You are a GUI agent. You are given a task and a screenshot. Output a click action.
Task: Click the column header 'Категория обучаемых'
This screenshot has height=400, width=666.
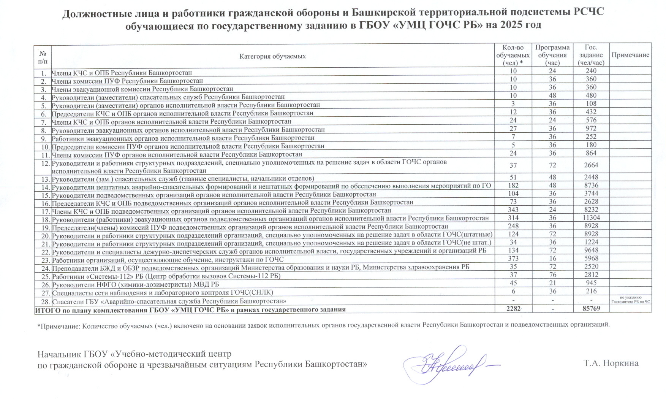272,56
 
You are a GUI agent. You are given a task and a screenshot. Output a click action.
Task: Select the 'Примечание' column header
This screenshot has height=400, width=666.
630,55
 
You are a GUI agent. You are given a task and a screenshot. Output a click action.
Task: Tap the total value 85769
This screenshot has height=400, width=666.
591,308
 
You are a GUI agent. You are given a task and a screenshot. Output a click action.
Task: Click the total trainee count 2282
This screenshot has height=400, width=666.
513,308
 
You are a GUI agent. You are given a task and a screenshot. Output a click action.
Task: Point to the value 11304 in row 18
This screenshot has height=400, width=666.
591,218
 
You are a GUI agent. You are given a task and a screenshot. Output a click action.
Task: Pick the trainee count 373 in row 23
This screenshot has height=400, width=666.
513,259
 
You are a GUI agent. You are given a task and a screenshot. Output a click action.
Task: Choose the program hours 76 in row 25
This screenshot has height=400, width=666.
552,275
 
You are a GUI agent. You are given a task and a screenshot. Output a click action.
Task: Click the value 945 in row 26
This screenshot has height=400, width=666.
591,283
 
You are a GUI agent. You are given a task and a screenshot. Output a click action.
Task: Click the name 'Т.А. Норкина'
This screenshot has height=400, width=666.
611,363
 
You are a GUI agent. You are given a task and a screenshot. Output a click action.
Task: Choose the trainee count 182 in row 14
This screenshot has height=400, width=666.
513,186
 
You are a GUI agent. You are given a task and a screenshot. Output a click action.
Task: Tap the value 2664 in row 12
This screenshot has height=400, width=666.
591,165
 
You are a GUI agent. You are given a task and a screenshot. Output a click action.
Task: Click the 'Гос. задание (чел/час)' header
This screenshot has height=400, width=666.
591,55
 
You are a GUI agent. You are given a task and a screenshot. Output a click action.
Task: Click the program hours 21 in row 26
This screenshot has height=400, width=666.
552,283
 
